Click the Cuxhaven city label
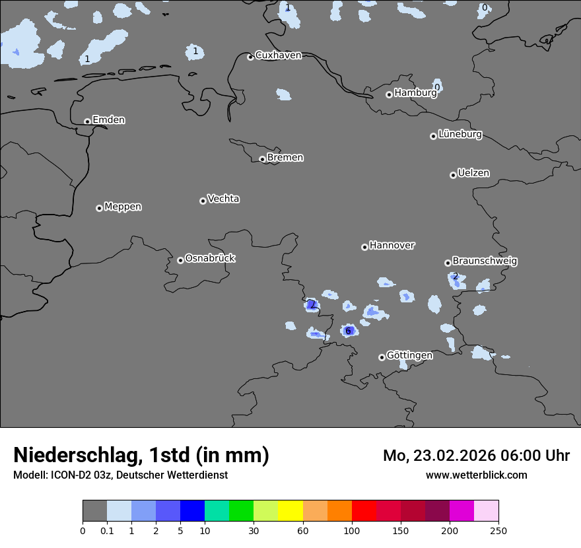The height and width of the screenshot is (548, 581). (278, 55)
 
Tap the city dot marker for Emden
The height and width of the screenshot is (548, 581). (87, 121)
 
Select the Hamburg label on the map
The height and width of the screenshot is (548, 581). (415, 93)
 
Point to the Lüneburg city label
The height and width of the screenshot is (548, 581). (460, 135)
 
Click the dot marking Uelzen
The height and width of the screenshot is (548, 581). (453, 175)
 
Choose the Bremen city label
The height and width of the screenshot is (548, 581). (285, 158)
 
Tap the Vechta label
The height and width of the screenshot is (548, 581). (223, 199)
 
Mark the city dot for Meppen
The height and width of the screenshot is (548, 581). (99, 208)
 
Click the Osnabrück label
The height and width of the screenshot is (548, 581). (210, 259)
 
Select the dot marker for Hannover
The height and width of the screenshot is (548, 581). (364, 247)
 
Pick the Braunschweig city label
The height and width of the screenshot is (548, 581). (485, 261)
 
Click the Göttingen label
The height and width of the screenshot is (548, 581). (409, 356)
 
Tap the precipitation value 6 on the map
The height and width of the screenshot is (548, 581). (348, 331)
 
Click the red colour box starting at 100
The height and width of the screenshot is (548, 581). (364, 511)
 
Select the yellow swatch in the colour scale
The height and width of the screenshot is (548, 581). (290, 511)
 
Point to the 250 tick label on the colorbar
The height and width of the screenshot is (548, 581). (498, 530)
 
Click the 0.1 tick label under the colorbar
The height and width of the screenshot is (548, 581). (107, 530)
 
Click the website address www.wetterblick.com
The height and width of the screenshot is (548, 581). (476, 475)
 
